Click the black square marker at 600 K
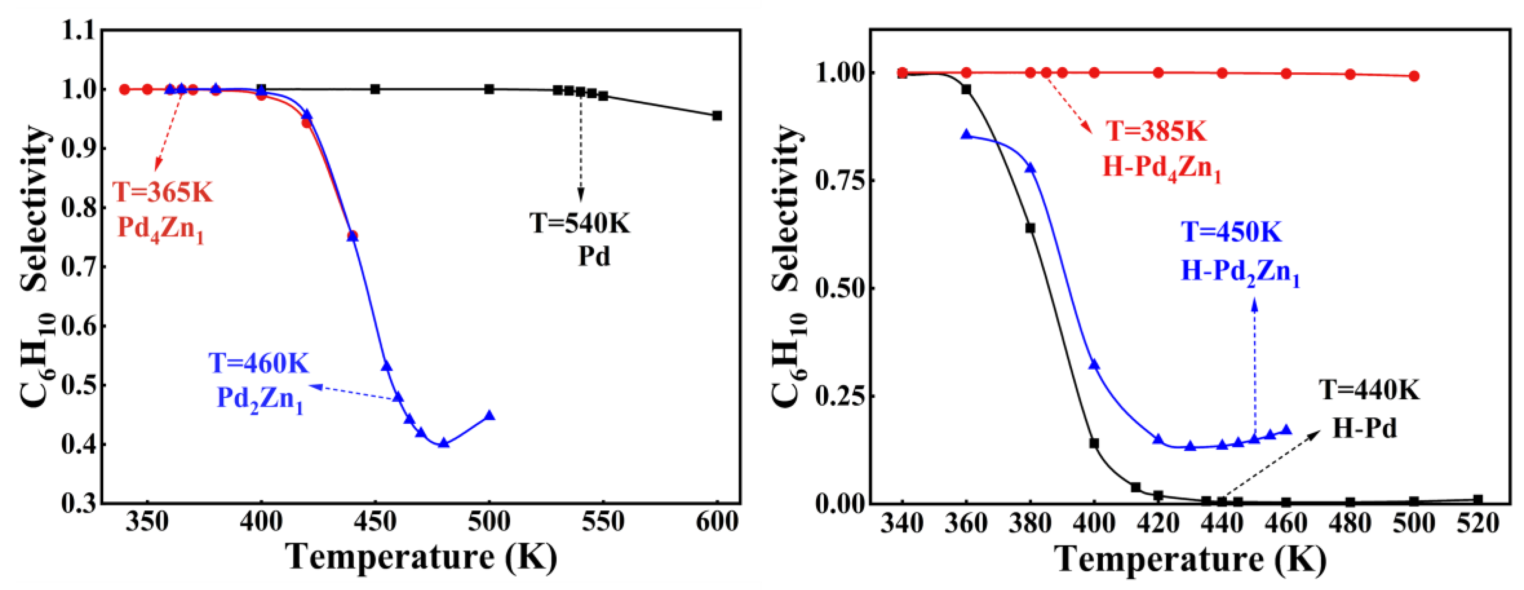[716, 115]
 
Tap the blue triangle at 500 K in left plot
[489, 415]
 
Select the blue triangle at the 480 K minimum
[444, 443]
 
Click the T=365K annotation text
[162, 192]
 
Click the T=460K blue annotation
[259, 363]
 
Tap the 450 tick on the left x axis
[375, 522]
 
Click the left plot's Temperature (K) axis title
[421, 557]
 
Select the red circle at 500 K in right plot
[1414, 76]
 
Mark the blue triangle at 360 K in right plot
[966, 134]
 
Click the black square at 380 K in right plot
[1030, 228]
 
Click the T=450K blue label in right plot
[1231, 232]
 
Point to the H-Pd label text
[1364, 427]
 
